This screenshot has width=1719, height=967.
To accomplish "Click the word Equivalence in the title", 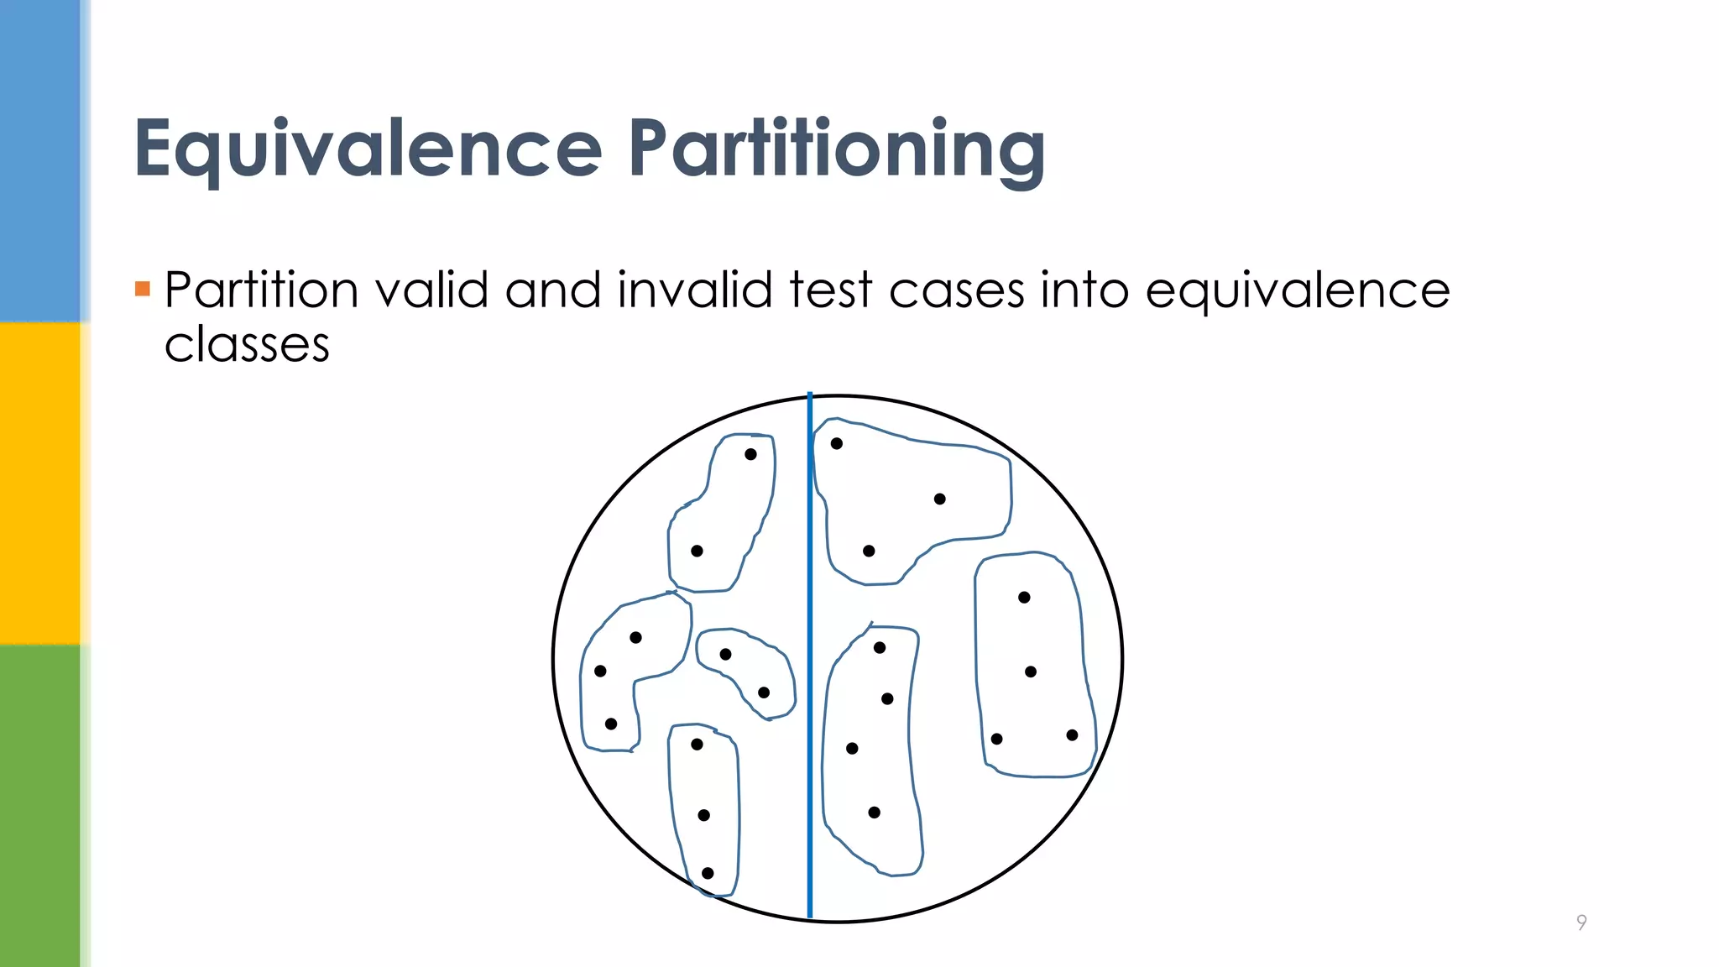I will tap(368, 149).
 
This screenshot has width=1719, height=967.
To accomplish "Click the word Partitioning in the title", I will tap(837, 149).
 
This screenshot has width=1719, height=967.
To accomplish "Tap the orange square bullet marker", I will tap(142, 290).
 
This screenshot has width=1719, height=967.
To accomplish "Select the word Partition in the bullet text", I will tap(261, 290).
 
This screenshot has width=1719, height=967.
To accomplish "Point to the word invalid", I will tap(695, 290).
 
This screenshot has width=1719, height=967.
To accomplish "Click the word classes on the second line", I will tap(247, 345).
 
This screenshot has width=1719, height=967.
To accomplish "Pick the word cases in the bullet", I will tap(957, 291).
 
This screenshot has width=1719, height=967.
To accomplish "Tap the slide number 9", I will tap(1581, 923).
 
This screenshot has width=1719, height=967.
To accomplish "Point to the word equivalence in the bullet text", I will tap(1298, 292).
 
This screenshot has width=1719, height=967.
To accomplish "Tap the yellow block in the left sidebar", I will tap(40, 483).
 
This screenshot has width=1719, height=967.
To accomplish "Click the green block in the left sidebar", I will tap(40, 806).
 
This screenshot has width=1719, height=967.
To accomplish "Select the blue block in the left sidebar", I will tap(40, 159).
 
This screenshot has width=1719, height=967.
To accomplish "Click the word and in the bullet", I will tap(553, 290).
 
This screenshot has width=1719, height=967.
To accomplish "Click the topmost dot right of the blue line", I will tap(837, 443).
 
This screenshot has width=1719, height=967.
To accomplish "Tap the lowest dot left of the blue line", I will tap(708, 874).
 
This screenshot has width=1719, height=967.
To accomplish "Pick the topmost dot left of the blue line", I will tap(751, 454).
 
